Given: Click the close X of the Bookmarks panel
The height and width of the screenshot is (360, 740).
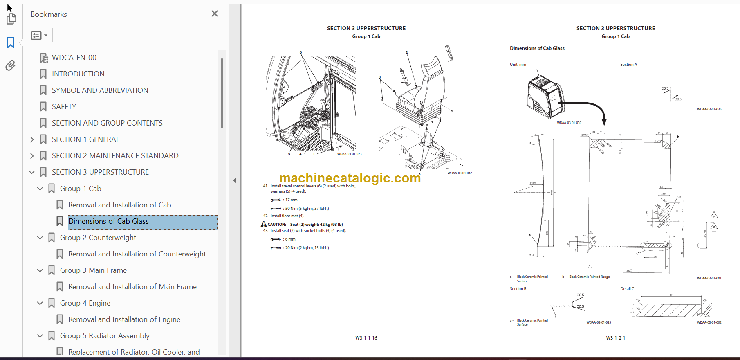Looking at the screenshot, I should tap(215, 14).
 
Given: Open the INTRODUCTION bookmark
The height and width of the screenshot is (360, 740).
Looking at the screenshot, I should tap(78, 74).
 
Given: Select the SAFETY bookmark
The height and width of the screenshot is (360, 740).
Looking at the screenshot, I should tap(64, 107).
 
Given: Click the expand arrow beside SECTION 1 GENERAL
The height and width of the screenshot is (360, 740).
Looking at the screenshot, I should tap(32, 139).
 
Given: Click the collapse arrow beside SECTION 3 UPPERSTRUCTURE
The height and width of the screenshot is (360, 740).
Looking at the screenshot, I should tap(32, 172).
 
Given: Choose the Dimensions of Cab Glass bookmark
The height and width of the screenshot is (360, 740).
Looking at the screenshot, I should tap(108, 221).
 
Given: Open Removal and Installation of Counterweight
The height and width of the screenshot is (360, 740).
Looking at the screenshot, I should tap(137, 254).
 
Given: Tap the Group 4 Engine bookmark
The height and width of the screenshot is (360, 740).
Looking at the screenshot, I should tap(85, 303).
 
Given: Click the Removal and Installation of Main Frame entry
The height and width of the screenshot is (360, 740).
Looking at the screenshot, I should tap(132, 287).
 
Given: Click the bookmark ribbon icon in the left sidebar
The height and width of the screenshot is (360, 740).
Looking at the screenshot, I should tap(11, 43).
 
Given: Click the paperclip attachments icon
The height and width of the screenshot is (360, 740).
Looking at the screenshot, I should tap(11, 65).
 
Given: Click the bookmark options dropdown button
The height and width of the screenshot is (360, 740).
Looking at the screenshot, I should tap(39, 36).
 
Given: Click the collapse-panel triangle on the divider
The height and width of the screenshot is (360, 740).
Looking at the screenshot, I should tap(235, 180).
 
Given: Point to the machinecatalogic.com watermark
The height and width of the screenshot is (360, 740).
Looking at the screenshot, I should tap(350, 178).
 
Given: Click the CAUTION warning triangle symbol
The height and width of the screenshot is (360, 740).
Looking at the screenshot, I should tap(264, 224).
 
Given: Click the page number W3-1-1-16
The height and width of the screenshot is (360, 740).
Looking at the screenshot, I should tap(366, 338).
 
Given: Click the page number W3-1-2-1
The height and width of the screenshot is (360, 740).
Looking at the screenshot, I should tap(615, 338).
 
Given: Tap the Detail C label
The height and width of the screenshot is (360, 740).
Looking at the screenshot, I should tap(627, 289).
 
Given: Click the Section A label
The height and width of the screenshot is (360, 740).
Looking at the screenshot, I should tap(628, 65).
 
